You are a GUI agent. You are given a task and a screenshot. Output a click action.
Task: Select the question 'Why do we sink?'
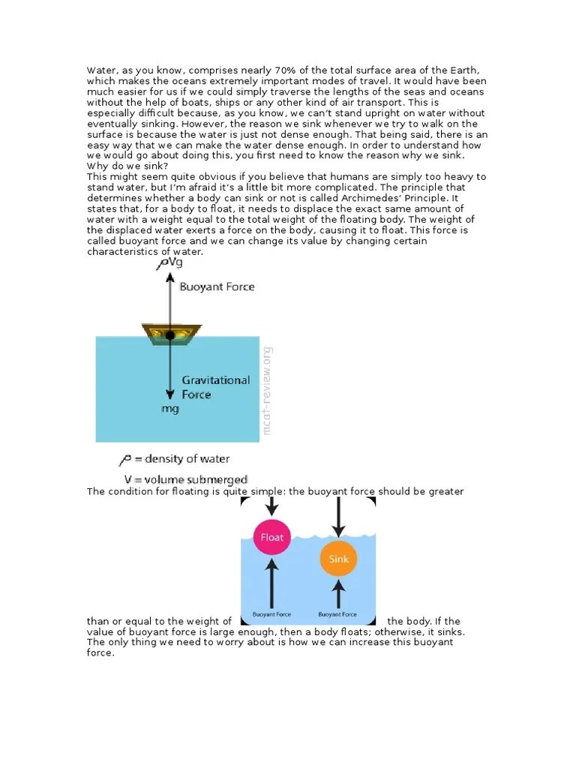click(127, 165)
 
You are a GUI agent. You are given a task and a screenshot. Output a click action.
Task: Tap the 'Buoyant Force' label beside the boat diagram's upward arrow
click(217, 286)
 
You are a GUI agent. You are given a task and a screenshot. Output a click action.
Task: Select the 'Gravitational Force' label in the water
click(216, 387)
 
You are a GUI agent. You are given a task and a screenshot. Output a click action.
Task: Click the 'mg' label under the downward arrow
click(170, 409)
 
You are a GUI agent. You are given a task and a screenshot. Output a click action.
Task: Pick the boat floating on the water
click(172, 334)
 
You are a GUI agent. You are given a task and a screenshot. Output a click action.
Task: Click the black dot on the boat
click(171, 335)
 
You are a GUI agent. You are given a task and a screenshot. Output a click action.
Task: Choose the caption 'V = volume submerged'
click(185, 478)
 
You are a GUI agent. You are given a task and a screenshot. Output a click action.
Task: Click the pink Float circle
click(271, 537)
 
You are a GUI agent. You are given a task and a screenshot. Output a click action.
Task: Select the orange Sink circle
click(339, 559)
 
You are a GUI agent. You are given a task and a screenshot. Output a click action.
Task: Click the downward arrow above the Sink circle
click(339, 517)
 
